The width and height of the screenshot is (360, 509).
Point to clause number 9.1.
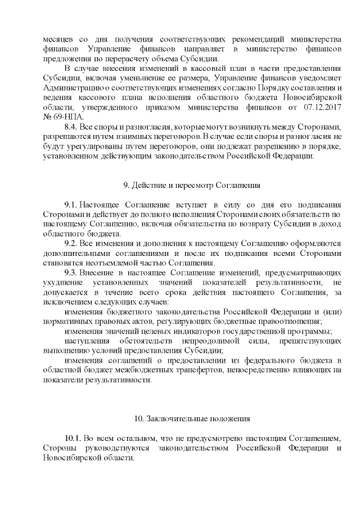72,205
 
